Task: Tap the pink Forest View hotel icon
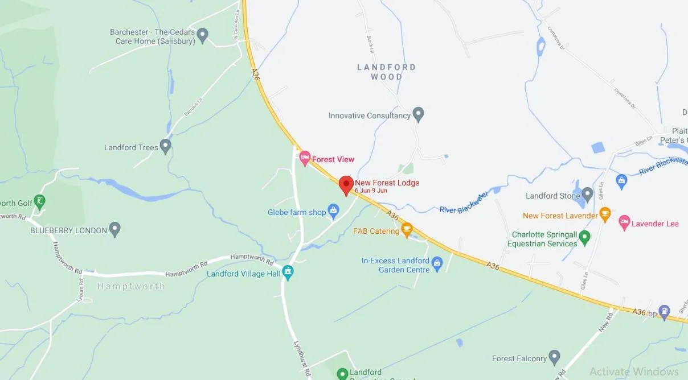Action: [x=305, y=158]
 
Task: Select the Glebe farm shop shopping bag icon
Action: [x=334, y=212]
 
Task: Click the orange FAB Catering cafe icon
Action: [x=407, y=230]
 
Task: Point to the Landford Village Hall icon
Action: [x=288, y=272]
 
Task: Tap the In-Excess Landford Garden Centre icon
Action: [x=437, y=263]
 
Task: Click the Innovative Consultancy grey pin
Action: [x=418, y=114]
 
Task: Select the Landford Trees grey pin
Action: [x=165, y=146]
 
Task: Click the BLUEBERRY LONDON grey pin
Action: [x=114, y=229]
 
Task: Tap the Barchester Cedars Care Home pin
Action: [x=202, y=36]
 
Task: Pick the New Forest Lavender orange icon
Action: [x=605, y=214]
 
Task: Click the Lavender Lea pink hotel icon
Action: [x=624, y=222]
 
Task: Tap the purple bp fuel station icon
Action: [x=664, y=312]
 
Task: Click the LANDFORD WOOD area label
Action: [x=386, y=72]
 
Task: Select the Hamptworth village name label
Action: [x=130, y=286]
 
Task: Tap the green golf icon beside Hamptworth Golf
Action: [x=39, y=201]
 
